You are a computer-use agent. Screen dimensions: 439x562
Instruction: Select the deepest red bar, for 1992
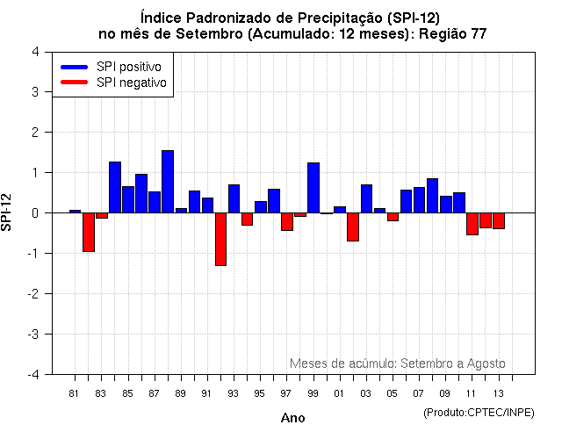coord(220,239)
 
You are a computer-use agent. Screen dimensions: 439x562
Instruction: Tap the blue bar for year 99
coord(313,188)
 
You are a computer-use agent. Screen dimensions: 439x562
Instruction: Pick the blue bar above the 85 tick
coord(128,199)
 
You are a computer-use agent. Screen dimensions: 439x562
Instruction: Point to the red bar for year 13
coord(499,220)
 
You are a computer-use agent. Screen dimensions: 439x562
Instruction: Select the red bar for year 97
coord(287,221)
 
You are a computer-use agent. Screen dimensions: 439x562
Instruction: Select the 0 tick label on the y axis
coord(34,212)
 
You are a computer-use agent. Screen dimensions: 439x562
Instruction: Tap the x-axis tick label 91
coord(207,392)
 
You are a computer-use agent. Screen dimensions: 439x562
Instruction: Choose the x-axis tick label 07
coord(419,392)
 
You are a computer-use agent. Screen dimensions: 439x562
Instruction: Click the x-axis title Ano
coord(292,418)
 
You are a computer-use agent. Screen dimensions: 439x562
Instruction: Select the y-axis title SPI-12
coord(9,212)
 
